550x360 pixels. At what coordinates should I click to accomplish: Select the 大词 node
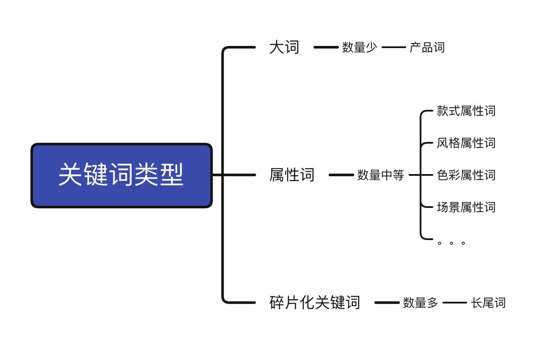click(x=284, y=47)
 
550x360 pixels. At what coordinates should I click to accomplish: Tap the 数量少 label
click(x=359, y=47)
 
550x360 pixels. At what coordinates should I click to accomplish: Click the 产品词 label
click(x=427, y=47)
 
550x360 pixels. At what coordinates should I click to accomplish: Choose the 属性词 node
click(x=291, y=175)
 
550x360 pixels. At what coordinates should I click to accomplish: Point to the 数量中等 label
click(x=380, y=175)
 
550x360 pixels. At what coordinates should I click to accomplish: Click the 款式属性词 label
click(x=466, y=111)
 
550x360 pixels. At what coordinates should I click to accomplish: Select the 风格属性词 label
click(x=466, y=143)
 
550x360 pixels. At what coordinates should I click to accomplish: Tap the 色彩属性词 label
click(x=466, y=175)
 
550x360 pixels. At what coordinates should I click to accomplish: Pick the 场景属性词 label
click(x=466, y=207)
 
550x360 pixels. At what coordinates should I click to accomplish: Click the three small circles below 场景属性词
click(x=451, y=243)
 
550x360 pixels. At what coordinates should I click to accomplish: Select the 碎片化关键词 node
click(x=314, y=302)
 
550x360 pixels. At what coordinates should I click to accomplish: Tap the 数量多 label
click(x=420, y=302)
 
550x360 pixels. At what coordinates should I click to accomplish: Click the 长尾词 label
click(x=488, y=302)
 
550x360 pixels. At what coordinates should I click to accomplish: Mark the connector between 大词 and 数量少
click(x=325, y=47)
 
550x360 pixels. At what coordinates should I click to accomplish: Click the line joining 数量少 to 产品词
click(x=394, y=47)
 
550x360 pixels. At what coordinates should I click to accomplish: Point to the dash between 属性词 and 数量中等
click(x=341, y=175)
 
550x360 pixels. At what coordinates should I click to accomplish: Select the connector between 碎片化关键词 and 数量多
click(x=387, y=302)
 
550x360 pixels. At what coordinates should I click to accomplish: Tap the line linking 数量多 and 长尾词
click(x=455, y=302)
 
